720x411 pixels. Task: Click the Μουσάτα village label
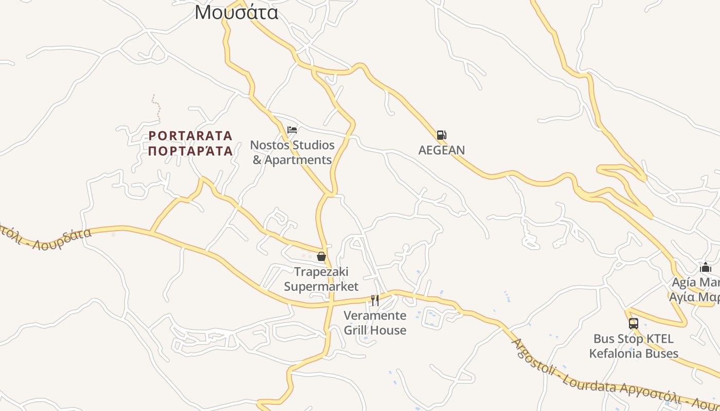coord(237,12)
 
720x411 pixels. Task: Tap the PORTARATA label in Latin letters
coord(190,136)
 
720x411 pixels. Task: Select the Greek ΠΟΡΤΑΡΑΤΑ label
coord(190,151)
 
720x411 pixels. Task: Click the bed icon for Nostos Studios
coord(292,130)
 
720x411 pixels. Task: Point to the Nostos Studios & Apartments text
coord(292,152)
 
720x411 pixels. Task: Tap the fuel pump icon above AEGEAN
coord(441,135)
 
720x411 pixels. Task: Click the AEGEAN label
coord(441,150)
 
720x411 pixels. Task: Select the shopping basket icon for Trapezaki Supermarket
coord(321,256)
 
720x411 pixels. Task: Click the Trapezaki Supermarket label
coord(321,278)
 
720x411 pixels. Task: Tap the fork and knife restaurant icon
coord(375,300)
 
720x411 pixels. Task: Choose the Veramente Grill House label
coord(375,323)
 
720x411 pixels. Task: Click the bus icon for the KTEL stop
coord(634,324)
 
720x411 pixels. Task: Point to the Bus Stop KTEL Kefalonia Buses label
coord(634,346)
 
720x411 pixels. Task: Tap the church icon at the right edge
coord(706,267)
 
